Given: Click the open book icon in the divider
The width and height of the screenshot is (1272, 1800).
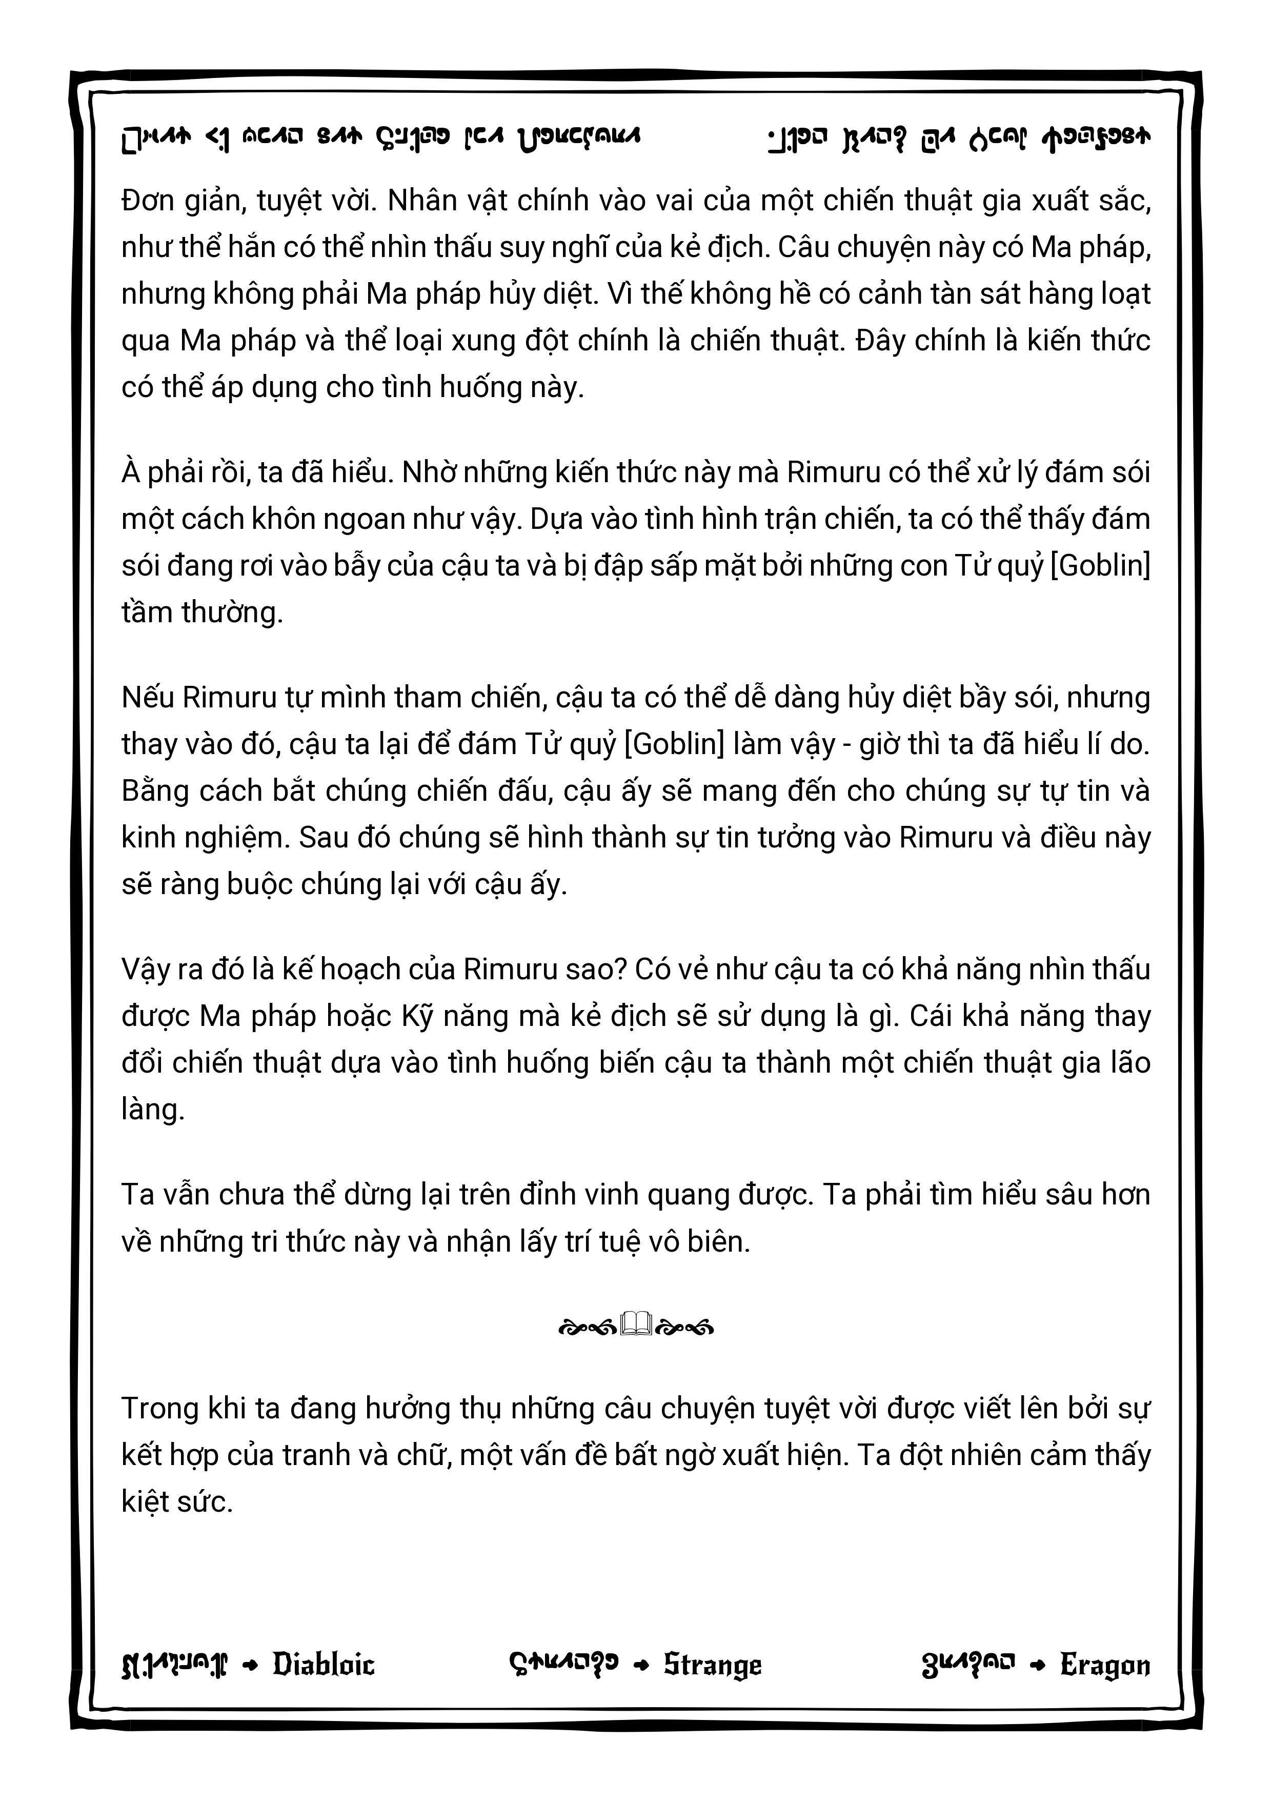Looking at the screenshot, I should click(x=636, y=1325).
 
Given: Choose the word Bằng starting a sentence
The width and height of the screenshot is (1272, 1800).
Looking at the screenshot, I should click(x=154, y=790).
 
